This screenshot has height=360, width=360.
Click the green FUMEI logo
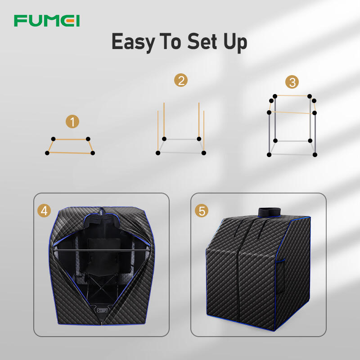[47, 21]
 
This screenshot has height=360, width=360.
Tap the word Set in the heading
[202, 41]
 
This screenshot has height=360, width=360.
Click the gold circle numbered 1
[72, 121]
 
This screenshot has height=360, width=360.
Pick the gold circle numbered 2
[181, 80]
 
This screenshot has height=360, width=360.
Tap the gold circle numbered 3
[292, 82]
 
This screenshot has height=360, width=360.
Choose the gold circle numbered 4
[44, 211]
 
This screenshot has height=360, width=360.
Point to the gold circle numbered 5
[201, 211]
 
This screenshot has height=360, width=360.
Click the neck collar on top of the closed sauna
[269, 212]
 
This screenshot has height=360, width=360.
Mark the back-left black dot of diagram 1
[53, 139]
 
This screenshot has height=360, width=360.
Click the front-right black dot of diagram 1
[93, 153]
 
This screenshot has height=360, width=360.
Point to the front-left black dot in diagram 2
[158, 153]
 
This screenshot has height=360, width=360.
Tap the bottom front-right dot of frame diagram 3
[315, 155]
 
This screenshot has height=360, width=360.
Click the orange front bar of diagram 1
[70, 153]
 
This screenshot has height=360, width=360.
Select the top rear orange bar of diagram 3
[292, 95]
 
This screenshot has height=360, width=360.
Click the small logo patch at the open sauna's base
[103, 310]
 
